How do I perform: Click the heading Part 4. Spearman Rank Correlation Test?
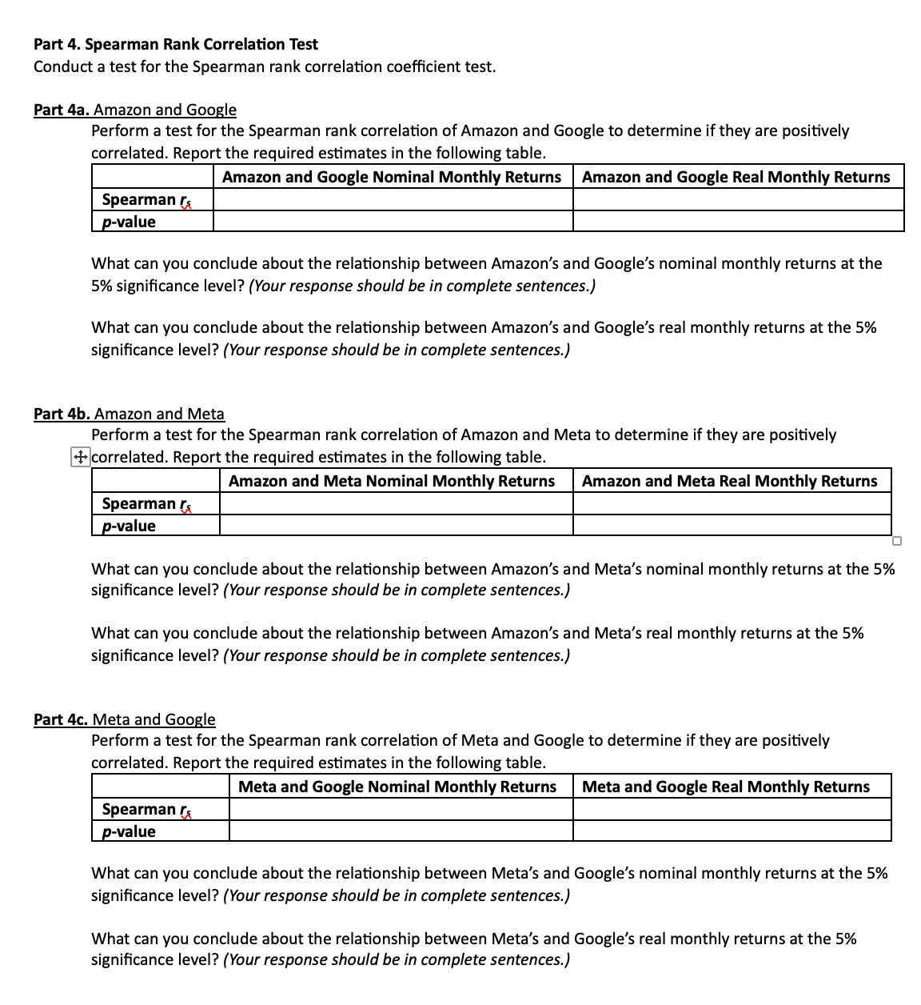point(175,44)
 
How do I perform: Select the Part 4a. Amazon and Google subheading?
point(135,110)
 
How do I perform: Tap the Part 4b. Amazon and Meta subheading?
point(129,414)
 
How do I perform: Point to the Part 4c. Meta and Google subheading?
point(125,719)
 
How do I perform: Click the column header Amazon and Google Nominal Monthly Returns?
point(392,177)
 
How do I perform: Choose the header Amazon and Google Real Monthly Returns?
point(736,177)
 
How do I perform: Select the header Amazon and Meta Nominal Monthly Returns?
point(392,481)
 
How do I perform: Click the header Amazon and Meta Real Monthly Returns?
point(729,481)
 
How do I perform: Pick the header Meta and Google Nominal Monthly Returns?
point(397,787)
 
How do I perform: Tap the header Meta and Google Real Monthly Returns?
point(725,787)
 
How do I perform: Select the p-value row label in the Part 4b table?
point(129,526)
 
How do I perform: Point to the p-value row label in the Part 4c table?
point(129,831)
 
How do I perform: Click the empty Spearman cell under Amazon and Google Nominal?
point(393,200)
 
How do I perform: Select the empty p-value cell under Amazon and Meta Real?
point(732,526)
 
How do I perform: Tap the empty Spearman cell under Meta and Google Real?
point(732,809)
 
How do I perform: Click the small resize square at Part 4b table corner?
point(897,541)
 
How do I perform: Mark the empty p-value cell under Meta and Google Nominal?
point(401,831)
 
